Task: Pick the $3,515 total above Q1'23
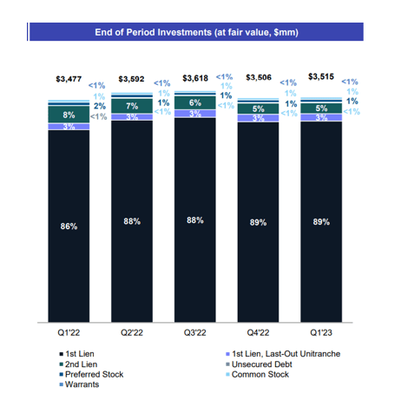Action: [319, 78]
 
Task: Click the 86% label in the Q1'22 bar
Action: [69, 226]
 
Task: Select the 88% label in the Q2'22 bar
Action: [132, 221]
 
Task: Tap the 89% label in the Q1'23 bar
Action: [319, 222]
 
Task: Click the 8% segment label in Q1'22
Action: [69, 113]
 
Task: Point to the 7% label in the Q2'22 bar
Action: [132, 106]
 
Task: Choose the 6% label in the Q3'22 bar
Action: [194, 102]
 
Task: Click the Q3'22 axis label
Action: [194, 331]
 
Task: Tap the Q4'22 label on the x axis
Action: [257, 331]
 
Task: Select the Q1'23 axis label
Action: [319, 331]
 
